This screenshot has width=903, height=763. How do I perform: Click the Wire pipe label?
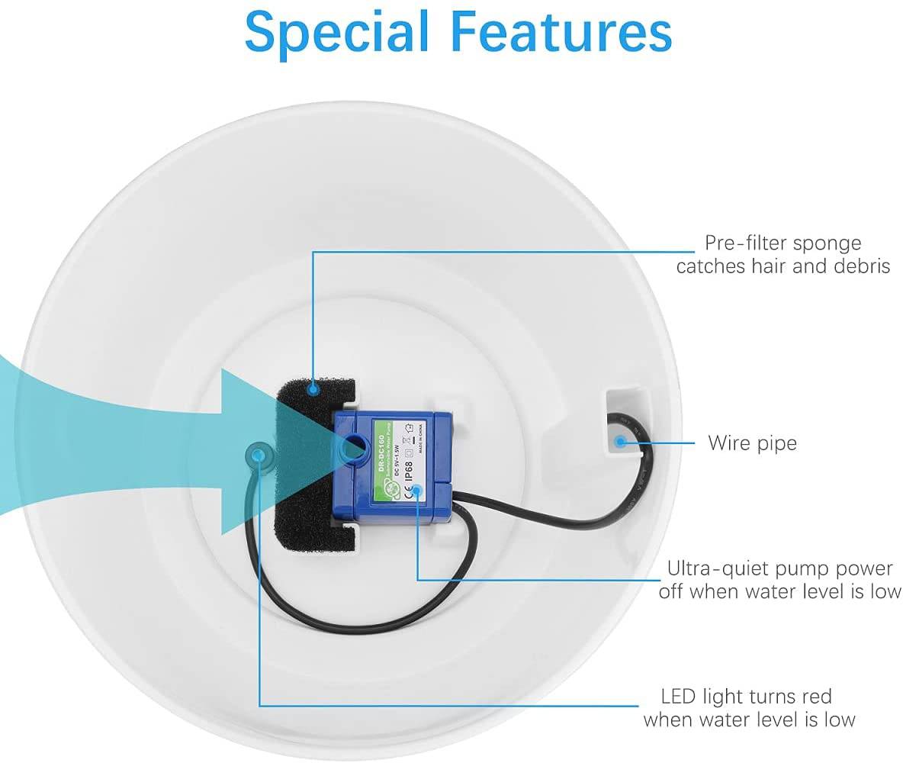coord(752,443)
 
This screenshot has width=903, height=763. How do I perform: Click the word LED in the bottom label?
coord(676,696)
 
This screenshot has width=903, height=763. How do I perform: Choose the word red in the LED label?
coord(814,696)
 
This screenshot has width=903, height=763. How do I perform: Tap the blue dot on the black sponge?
coord(312,389)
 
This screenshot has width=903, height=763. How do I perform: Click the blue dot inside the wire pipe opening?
coord(619,441)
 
